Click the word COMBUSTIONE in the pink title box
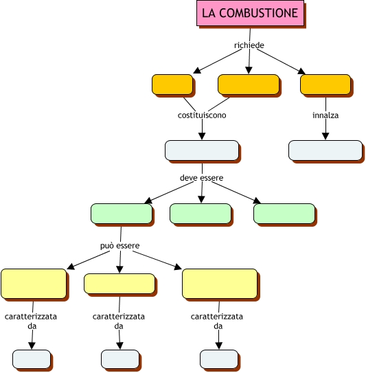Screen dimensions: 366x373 [258, 13]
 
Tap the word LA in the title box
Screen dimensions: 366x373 [209, 13]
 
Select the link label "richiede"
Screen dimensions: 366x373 [249, 45]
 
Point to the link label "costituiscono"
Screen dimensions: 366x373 [202, 115]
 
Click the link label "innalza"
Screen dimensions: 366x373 [325, 115]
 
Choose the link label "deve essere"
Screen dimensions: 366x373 [201, 178]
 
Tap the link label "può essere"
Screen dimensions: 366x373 [120, 245]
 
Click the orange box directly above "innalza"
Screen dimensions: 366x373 [325, 84]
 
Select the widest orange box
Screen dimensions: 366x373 [249, 84]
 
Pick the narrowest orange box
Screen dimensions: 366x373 [172, 84]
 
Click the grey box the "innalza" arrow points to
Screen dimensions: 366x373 [325, 150]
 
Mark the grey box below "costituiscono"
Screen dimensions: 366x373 [202, 150]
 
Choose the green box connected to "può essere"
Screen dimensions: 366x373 [122, 214]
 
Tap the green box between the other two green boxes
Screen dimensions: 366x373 [201, 214]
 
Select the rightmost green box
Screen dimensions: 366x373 [284, 214]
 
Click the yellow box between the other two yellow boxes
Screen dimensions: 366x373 [119, 284]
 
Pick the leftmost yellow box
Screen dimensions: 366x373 [34, 284]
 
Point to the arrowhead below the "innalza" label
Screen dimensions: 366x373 [325, 136]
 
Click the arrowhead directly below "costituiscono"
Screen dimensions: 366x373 [202, 136]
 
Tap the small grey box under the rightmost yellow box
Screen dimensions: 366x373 [219, 359]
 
